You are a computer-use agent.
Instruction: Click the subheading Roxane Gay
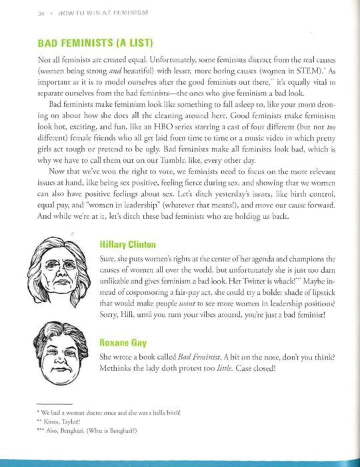pyautogui.click(x=122, y=342)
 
